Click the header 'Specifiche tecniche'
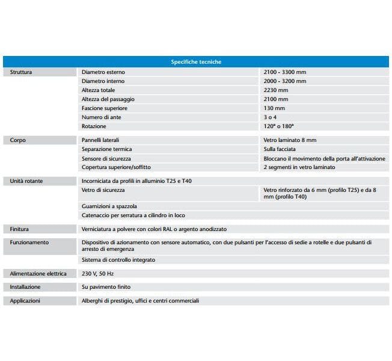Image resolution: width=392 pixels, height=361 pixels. click(195, 62)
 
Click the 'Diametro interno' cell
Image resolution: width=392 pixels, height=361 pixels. click(102, 81)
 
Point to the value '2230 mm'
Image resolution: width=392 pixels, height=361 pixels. click(276, 90)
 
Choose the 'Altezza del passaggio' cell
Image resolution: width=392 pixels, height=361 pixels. click(108, 99)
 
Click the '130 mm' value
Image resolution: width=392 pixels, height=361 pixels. click(274, 108)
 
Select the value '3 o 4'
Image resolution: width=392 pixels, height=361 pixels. click(271, 117)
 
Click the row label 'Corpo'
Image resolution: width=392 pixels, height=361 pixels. click(18, 140)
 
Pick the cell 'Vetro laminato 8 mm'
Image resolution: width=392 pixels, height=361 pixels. click(290, 140)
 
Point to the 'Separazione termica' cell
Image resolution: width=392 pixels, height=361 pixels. click(106, 149)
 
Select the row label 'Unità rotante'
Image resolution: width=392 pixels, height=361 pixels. click(26, 180)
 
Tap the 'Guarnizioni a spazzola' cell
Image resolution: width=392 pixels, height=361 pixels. click(109, 206)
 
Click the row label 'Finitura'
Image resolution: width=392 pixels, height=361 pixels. click(20, 229)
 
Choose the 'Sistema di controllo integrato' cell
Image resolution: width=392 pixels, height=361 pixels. click(118, 260)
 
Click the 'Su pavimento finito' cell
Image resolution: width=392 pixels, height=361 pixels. click(106, 287)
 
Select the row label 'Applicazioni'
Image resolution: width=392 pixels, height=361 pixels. click(25, 301)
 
